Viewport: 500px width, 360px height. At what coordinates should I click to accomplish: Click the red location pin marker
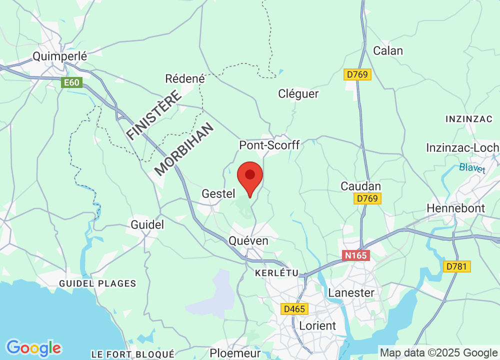coord(250,177)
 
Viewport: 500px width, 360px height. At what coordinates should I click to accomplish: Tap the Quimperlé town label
coord(60,56)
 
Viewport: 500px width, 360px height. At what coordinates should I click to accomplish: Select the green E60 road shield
coord(71,82)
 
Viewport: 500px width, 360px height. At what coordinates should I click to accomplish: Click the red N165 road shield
coord(355,255)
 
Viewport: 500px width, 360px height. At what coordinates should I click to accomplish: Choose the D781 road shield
coord(457,266)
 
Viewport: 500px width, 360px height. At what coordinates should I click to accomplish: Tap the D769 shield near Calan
coord(358,74)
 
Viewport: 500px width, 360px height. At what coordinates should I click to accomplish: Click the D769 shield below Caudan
coord(368,199)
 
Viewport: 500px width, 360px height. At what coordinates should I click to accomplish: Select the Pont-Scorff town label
coord(269,145)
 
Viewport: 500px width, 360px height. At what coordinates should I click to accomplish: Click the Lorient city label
coord(317,325)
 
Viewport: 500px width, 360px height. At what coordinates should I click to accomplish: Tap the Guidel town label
coord(147,224)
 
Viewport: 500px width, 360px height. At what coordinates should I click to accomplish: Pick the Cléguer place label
coord(298,93)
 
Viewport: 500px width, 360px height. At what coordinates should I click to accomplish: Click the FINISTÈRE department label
coord(153,115)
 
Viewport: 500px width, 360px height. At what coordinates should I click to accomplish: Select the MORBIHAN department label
coord(184,149)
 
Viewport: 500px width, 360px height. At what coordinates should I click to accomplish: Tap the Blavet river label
coord(472,168)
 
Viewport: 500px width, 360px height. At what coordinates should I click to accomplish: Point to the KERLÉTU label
coord(276,273)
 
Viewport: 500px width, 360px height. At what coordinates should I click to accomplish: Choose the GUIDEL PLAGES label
coord(97,283)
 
